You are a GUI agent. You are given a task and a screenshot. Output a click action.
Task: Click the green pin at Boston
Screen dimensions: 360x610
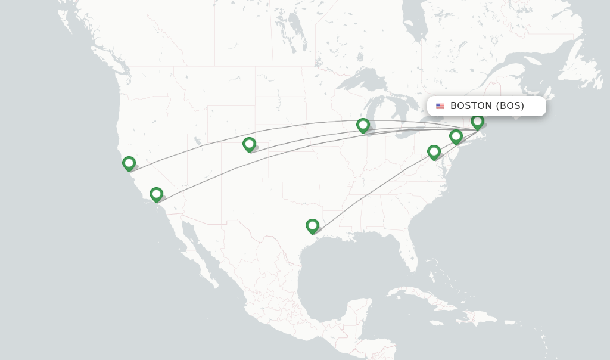click(x=477, y=121)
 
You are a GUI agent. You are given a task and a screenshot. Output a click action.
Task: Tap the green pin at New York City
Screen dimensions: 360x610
click(x=456, y=136)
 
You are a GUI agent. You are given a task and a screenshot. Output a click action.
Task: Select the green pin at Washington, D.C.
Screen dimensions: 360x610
click(x=434, y=152)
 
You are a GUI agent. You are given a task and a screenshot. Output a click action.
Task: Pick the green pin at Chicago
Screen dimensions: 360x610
click(x=363, y=125)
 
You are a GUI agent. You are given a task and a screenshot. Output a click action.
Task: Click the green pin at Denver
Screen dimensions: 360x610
click(x=249, y=144)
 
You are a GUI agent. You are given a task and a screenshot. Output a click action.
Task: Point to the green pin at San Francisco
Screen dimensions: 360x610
click(x=129, y=163)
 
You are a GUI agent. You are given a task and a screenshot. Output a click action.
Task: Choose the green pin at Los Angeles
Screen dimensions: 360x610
click(x=156, y=194)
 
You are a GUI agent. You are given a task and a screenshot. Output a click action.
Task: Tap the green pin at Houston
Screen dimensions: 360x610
click(x=312, y=226)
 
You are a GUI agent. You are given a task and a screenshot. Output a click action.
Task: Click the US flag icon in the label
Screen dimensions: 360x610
click(x=440, y=106)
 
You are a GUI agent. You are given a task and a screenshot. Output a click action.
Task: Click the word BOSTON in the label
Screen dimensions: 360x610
click(x=471, y=106)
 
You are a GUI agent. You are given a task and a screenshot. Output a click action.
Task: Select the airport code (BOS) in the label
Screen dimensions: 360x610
click(x=510, y=106)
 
